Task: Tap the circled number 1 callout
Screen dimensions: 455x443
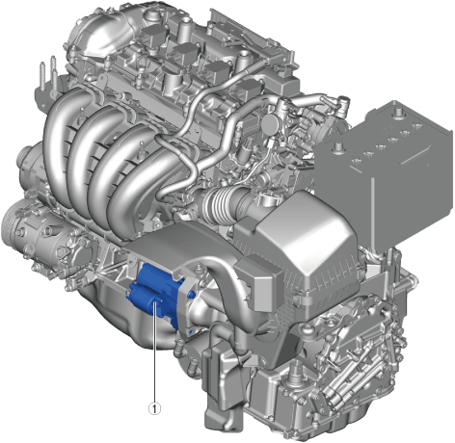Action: point(154,408)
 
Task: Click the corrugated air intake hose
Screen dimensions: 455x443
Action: point(222,203)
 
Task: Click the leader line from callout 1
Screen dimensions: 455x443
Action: point(155,352)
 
